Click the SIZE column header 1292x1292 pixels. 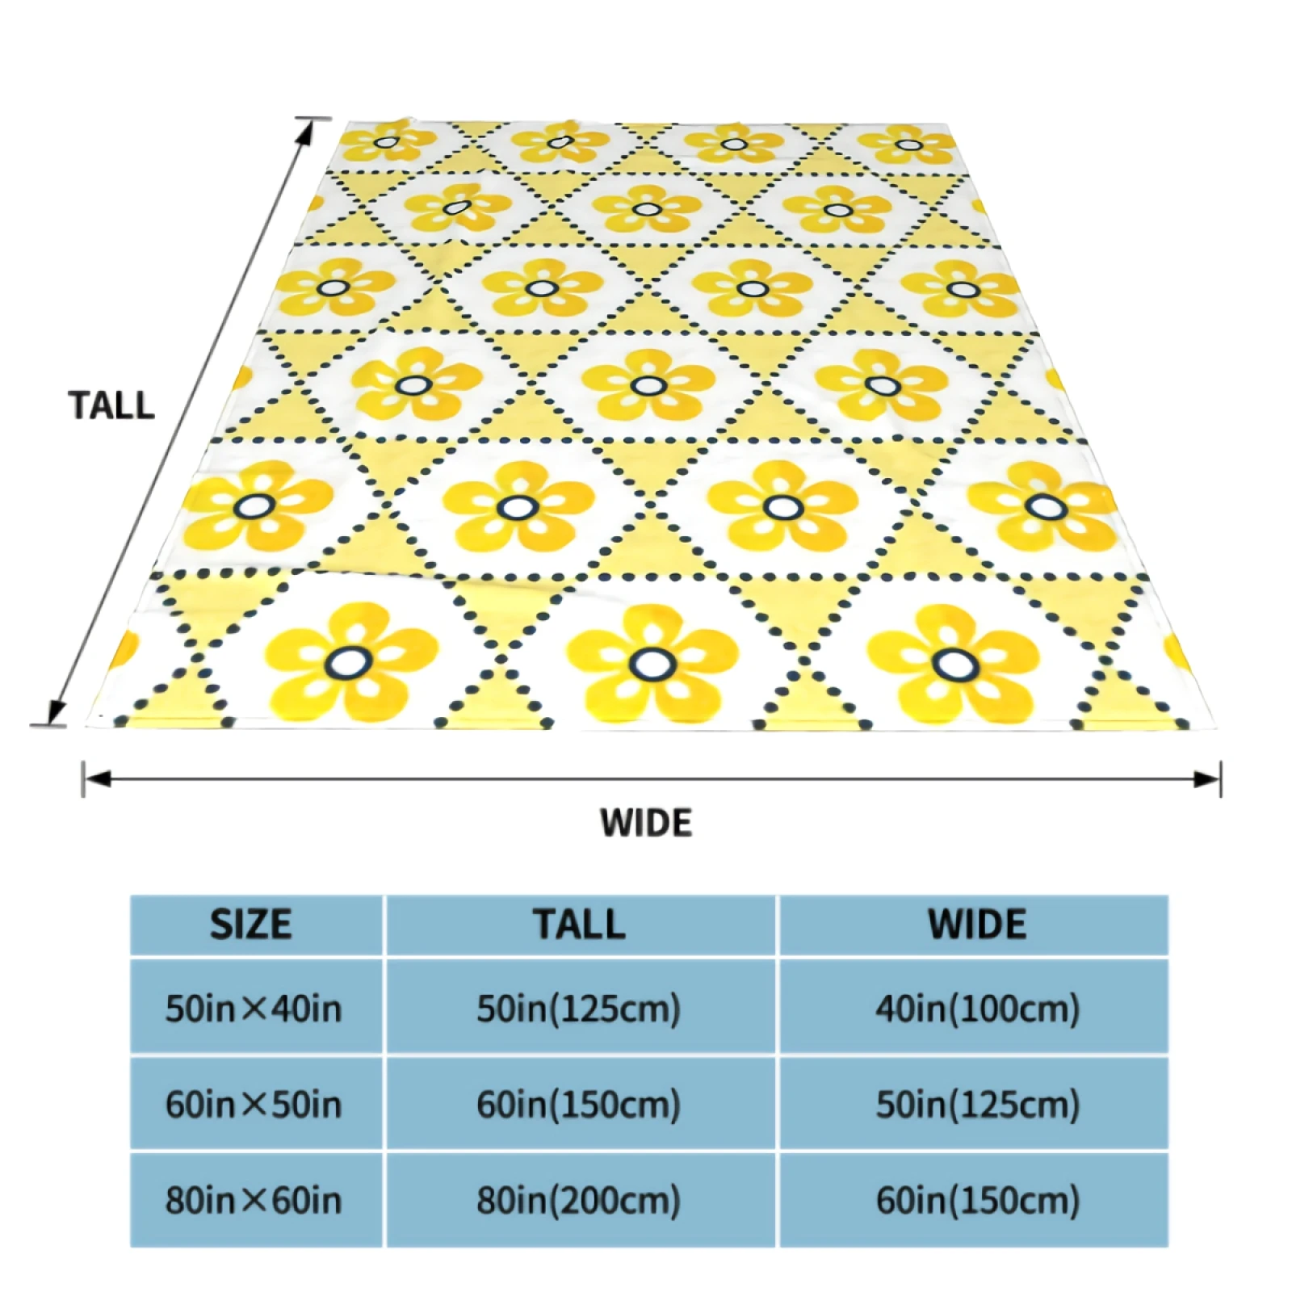[x=251, y=925]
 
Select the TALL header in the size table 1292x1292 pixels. [x=579, y=925]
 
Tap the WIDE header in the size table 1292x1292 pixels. [x=977, y=925]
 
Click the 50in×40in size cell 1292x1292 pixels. [x=254, y=1009]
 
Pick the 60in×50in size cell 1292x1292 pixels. [x=254, y=1104]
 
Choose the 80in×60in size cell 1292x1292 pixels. [x=254, y=1200]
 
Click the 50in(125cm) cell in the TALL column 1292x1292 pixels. [x=579, y=1009]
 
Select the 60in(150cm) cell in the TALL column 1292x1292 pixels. [x=579, y=1104]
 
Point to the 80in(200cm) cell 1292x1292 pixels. [x=579, y=1200]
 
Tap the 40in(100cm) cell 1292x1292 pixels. [x=977, y=1009]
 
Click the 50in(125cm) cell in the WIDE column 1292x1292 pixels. [x=977, y=1104]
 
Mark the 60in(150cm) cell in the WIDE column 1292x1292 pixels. [x=977, y=1200]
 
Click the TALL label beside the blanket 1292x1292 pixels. [x=111, y=405]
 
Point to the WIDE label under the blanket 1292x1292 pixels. [x=646, y=823]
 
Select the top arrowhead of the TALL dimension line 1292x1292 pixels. [x=306, y=132]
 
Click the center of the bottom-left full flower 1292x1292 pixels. [x=350, y=663]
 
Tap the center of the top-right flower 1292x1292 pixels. [x=909, y=145]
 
